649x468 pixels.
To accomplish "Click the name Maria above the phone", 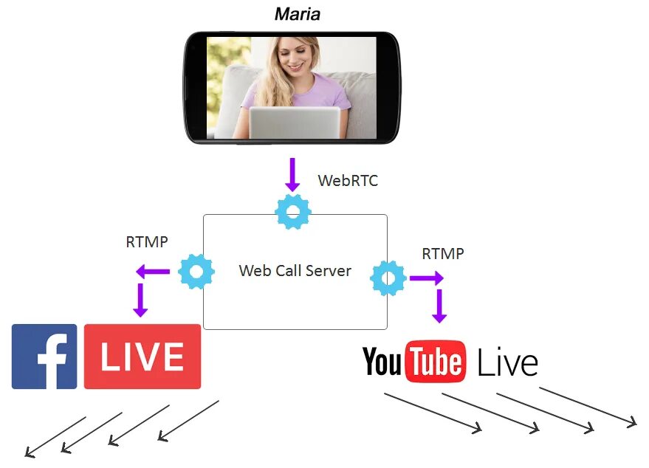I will (298, 14).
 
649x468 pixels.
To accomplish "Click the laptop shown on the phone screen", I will (294, 123).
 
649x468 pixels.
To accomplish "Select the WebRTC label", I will (348, 181).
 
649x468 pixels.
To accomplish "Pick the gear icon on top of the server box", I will (293, 212).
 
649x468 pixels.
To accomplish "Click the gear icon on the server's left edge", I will (196, 272).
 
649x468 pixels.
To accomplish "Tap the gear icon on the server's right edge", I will (388, 278).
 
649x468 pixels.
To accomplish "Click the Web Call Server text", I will (295, 270).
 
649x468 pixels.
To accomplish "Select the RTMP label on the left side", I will (147, 241).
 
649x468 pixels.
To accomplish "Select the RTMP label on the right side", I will (443, 254).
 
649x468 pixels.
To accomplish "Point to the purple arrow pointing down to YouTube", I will (439, 306).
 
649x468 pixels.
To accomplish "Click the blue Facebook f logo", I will (44, 357).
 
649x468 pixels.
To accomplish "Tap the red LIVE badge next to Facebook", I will (142, 357).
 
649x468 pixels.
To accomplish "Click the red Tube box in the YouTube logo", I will (436, 362).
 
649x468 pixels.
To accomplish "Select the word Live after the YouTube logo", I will (507, 362).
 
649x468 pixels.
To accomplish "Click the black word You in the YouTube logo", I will (382, 362).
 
